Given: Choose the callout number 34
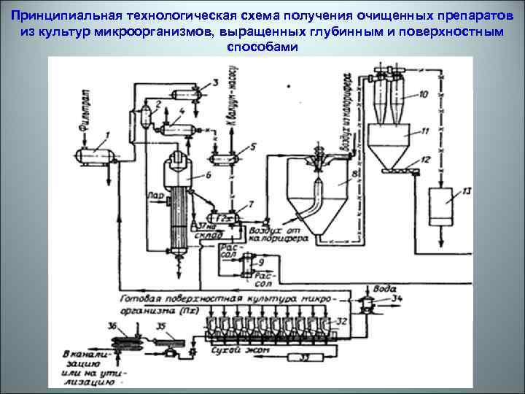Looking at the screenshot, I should (x=397, y=298).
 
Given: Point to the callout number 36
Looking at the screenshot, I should (x=111, y=326).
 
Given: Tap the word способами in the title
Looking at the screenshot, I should (x=262, y=46).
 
